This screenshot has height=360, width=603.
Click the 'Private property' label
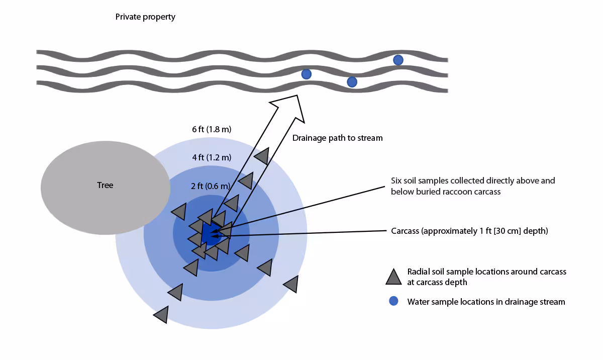145,17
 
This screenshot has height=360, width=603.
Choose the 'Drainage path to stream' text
338,138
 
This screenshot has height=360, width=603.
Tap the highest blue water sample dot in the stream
398,60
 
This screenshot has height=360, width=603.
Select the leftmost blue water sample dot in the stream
307,74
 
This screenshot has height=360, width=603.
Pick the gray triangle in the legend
393,277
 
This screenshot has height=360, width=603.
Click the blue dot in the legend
394,302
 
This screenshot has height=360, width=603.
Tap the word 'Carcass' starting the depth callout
405,231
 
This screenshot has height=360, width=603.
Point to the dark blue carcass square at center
210,233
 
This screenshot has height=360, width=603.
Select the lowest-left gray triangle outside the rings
161,315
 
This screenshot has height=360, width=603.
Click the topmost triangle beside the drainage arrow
262,156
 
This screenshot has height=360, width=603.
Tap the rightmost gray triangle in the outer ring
291,284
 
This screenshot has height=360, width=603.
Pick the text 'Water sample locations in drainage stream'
486,302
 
